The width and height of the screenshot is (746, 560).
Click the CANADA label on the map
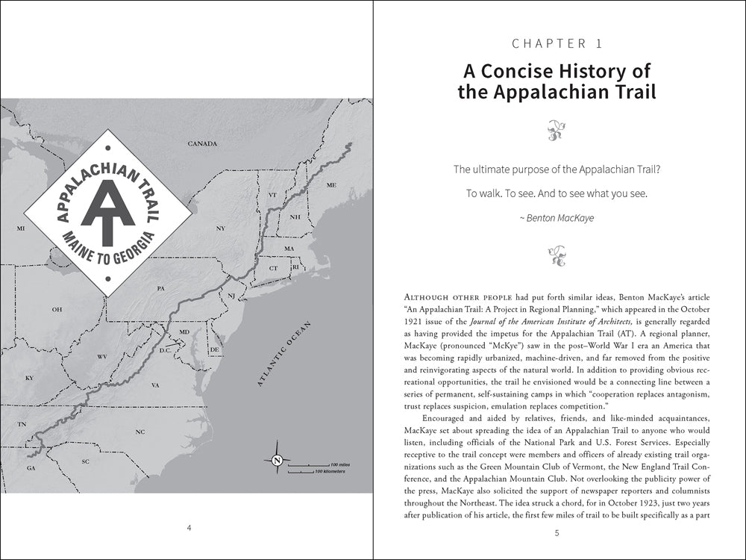tap(201, 143)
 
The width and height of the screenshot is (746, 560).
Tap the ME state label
tap(332, 184)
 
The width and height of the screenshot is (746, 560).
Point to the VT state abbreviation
tap(272, 195)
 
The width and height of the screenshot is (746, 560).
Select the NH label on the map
tap(295, 217)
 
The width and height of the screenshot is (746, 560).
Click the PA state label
tap(160, 287)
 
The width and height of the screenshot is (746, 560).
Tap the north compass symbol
tap(276, 460)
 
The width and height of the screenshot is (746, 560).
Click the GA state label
tap(31, 468)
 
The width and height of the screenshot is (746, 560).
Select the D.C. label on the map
tap(166, 349)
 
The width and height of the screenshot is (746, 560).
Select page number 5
tap(557, 532)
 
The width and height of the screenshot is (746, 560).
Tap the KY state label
tap(30, 378)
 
